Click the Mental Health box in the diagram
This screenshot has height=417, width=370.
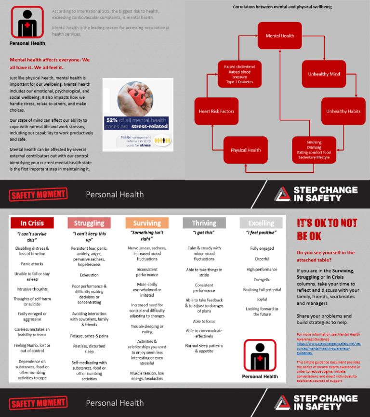coord(280,36)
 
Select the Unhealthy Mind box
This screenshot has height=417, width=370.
coord(324,74)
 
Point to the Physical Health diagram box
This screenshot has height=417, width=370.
coord(246,150)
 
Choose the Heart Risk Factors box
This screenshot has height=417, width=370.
coord(216,111)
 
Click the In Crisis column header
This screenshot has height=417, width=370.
coord(32,223)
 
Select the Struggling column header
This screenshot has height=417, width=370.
coord(89,223)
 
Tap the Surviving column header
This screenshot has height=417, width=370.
coord(147,223)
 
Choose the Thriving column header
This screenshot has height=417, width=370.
coord(204,223)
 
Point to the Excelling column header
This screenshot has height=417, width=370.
coord(262,223)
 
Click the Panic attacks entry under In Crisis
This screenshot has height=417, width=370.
coord(32,264)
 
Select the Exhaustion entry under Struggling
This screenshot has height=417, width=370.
coord(89,275)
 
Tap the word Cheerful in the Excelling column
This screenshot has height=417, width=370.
coord(262,259)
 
